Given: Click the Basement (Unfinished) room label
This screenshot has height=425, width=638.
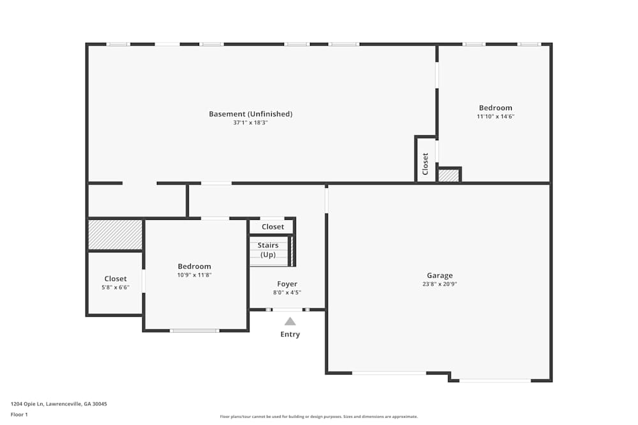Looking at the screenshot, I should [250, 114].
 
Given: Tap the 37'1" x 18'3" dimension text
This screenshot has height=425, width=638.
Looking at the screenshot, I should [250, 122].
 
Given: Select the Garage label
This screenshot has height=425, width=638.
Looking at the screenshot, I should [440, 276].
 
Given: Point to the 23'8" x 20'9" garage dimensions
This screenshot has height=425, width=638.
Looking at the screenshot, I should [440, 284].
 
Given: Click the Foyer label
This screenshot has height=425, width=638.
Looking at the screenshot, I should [287, 284].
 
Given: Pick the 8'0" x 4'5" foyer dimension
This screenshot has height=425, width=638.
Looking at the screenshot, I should [287, 292].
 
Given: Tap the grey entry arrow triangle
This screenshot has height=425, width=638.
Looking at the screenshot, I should [290, 322].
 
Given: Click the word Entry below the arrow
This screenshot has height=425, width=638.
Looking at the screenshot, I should [290, 335].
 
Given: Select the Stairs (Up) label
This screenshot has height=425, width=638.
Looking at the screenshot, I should [268, 250].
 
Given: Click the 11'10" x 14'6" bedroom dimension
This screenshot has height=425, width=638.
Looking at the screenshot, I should [496, 117].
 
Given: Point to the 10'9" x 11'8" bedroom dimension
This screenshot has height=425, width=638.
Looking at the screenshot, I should [195, 275].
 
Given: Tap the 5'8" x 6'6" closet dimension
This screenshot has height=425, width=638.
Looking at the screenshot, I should [115, 287].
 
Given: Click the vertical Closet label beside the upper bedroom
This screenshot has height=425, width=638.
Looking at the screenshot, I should [426, 164].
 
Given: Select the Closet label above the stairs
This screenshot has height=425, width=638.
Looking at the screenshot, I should [272, 227].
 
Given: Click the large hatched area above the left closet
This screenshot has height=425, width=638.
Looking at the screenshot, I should [115, 234].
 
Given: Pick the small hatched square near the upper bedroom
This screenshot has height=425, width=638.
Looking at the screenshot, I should [449, 175].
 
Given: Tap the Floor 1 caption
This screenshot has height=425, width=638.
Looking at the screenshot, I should [19, 414].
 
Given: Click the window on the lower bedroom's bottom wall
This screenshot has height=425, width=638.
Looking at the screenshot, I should [195, 331].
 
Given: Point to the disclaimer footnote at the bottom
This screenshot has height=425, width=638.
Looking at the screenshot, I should [319, 416].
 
